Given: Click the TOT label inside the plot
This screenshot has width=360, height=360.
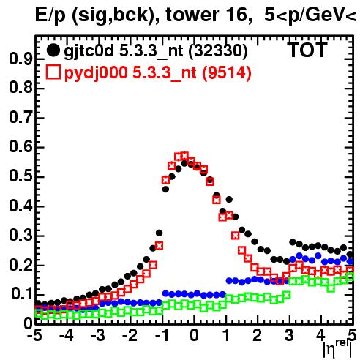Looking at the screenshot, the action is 308,50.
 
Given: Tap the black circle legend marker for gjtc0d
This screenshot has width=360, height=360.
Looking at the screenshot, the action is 53,50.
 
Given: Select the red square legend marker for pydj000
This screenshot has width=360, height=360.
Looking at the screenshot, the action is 53,72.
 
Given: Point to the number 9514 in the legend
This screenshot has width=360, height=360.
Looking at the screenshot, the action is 227,72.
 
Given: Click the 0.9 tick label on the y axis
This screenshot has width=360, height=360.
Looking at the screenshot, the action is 20,59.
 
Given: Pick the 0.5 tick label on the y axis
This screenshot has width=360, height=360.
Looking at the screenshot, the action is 20,177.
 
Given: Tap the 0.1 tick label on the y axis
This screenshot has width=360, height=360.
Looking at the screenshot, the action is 20,294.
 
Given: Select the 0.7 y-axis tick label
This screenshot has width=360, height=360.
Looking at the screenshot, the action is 20,118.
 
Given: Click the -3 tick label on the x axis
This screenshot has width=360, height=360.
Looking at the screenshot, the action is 98,336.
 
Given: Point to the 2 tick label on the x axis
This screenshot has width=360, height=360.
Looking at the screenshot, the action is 258,336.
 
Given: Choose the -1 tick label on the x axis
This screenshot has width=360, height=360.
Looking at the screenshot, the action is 162,336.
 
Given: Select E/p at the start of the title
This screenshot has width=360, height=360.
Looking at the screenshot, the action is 50,15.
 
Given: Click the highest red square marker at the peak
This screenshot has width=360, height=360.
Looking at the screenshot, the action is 184,155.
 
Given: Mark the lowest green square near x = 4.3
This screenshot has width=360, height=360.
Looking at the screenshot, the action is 331,288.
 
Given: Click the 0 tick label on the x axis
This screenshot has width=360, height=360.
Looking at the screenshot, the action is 194,336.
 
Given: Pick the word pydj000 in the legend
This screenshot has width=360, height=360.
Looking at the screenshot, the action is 96,73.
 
